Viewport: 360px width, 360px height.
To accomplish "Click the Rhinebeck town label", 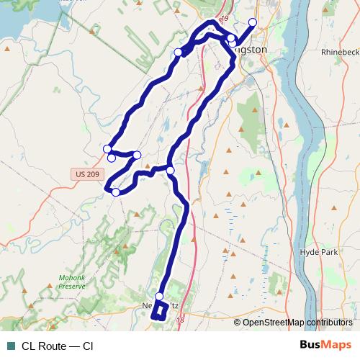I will [x=341, y=52].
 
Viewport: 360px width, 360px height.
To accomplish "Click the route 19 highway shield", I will [x=224, y=18].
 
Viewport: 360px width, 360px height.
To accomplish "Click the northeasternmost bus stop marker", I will [x=252, y=22].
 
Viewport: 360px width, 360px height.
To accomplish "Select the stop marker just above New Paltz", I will [x=159, y=297].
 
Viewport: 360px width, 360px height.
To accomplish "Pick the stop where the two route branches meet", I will [x=171, y=170].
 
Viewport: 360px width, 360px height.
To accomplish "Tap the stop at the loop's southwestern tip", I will [x=115, y=192].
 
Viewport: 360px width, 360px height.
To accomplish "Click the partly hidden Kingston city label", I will [x=251, y=50].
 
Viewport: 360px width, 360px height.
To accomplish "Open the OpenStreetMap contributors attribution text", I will [x=297, y=322].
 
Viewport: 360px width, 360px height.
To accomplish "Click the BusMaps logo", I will [x=326, y=345].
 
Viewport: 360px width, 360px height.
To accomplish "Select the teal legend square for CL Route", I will [x=10, y=346].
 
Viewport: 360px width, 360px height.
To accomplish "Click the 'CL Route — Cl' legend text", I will [x=57, y=346].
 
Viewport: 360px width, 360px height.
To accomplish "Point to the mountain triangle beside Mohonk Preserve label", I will [x=25, y=290].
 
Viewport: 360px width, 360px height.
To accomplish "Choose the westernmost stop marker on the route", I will [x=107, y=149].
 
